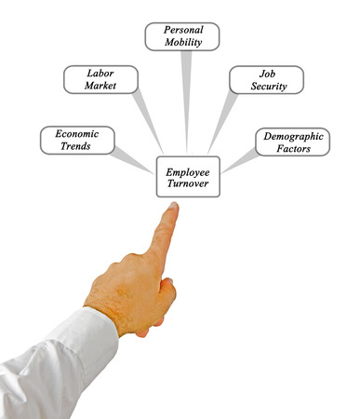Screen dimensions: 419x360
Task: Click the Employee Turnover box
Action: (188, 178)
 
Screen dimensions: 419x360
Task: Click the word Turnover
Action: (188, 185)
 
